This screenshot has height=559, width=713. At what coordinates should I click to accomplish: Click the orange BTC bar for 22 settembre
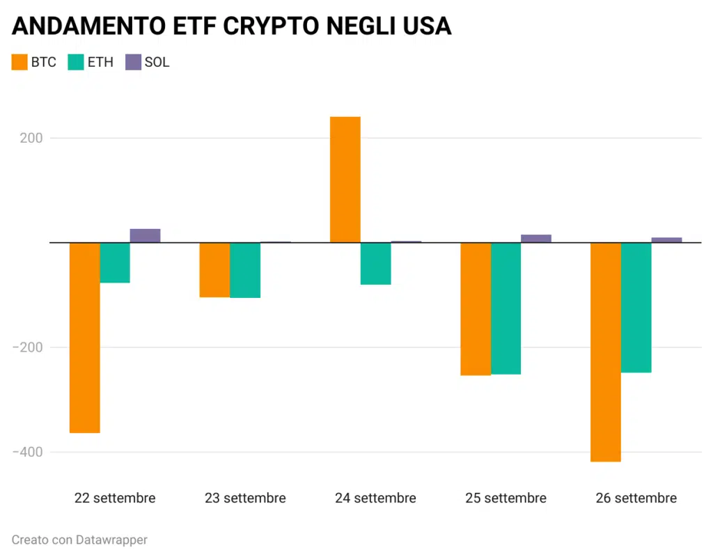tap(84, 338)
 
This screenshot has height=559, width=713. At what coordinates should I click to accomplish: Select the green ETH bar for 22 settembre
tap(115, 262)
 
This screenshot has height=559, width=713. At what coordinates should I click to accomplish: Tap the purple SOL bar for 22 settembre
tap(145, 235)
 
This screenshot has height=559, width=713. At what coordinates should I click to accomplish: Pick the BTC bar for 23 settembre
tap(214, 270)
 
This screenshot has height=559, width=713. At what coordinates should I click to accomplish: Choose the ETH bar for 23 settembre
tap(245, 270)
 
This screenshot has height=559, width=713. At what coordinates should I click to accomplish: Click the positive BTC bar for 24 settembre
tap(345, 180)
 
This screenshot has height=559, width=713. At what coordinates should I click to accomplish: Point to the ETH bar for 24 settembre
tap(375, 264)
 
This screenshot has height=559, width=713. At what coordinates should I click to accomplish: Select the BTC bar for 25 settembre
tap(475, 309)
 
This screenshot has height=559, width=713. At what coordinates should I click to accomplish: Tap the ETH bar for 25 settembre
tap(506, 308)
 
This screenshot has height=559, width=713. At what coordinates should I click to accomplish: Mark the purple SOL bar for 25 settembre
tap(535, 239)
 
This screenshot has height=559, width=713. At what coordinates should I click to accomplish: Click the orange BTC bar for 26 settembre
tap(605, 352)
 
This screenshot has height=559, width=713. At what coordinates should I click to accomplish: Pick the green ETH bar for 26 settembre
tap(636, 308)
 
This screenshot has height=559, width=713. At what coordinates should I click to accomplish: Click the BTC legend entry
tap(35, 62)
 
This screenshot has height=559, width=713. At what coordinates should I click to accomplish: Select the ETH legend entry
tap(91, 62)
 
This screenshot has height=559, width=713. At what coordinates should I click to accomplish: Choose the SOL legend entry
tap(147, 62)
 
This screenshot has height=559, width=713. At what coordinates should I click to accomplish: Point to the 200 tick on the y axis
tap(31, 138)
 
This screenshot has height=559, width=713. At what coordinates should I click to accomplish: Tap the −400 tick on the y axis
tap(27, 452)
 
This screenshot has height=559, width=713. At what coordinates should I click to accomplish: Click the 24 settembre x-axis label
tap(375, 498)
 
